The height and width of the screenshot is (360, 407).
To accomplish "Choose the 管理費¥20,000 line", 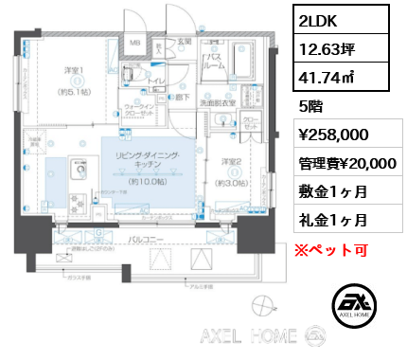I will point(342,163).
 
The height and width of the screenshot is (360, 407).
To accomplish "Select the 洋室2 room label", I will point(230,161).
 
